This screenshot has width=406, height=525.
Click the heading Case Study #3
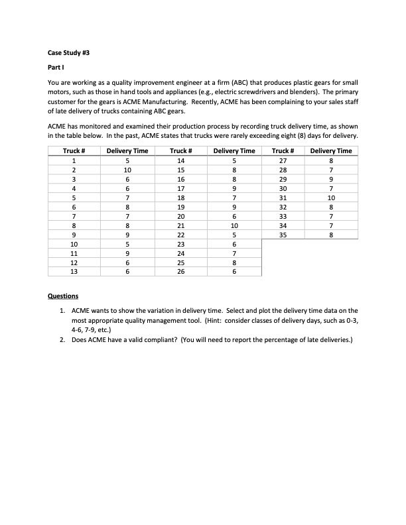pos(70,52)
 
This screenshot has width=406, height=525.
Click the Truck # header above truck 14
pos(180,150)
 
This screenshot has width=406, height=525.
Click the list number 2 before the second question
pos(61,341)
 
